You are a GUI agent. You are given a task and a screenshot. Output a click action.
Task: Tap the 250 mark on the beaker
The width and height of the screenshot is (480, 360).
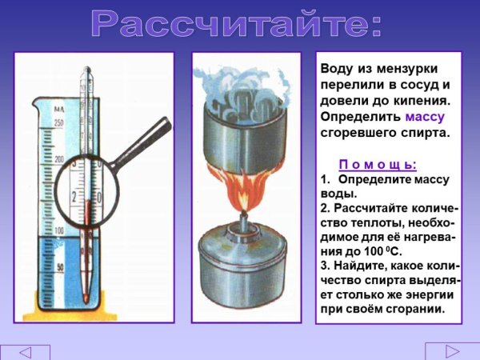(x=58, y=122)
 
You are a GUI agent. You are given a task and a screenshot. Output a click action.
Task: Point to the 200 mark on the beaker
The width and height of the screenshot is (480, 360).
(x=58, y=160)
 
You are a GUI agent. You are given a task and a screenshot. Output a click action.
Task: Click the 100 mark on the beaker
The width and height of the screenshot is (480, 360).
(x=58, y=230)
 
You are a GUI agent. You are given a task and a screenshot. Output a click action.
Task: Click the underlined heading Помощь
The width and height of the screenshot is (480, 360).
(x=378, y=165)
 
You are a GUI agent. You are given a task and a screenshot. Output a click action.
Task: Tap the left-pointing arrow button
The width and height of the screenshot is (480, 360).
(x=25, y=352)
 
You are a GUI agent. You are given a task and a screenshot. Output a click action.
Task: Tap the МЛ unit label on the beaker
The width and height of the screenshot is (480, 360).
(x=58, y=106)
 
